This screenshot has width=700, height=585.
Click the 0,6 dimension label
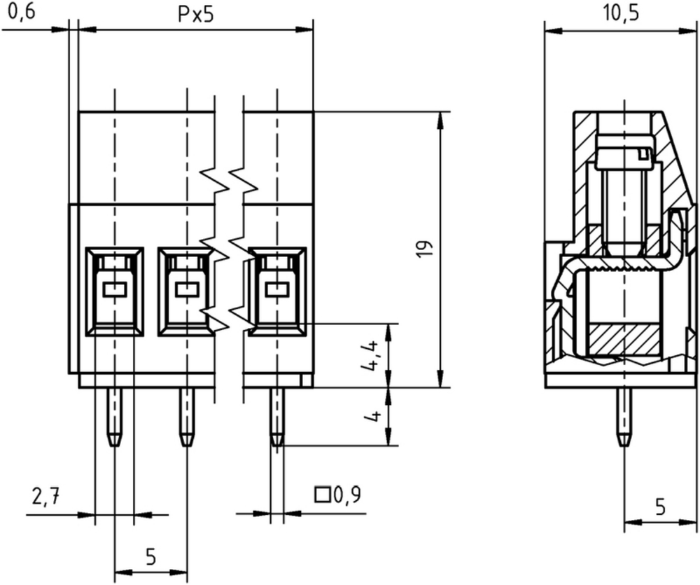(21, 12)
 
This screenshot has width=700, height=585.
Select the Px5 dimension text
(196, 14)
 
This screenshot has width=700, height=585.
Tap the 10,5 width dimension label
(621, 13)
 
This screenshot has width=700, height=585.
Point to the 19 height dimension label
(425, 249)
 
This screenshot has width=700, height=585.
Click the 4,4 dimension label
(370, 356)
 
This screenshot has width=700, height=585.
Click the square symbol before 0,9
(322, 495)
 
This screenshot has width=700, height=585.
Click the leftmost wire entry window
(114, 291)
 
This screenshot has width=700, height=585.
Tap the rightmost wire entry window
(277, 291)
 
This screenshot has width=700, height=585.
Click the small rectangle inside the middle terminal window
(187, 290)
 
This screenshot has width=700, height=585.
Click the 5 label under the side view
(660, 507)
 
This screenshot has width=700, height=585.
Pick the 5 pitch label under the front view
(151, 557)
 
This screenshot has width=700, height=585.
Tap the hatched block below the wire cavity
(624, 340)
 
